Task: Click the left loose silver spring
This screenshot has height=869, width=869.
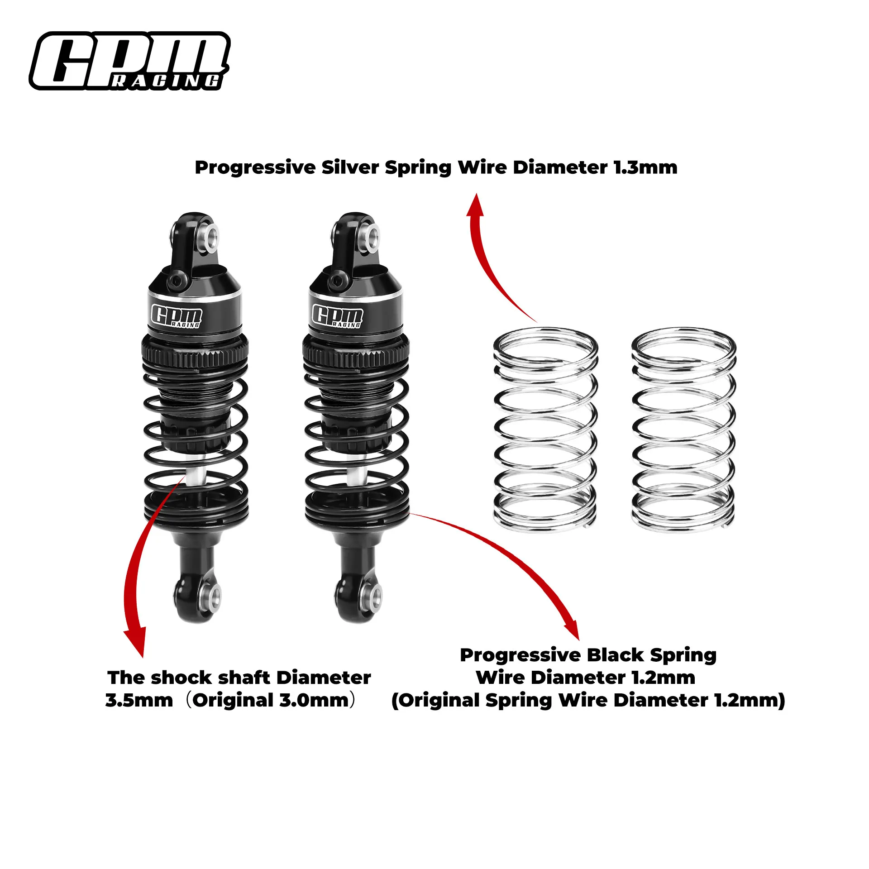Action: pos(545,428)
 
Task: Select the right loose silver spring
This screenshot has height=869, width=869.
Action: pos(683,428)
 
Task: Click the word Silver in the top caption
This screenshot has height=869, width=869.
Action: pos(350,167)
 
